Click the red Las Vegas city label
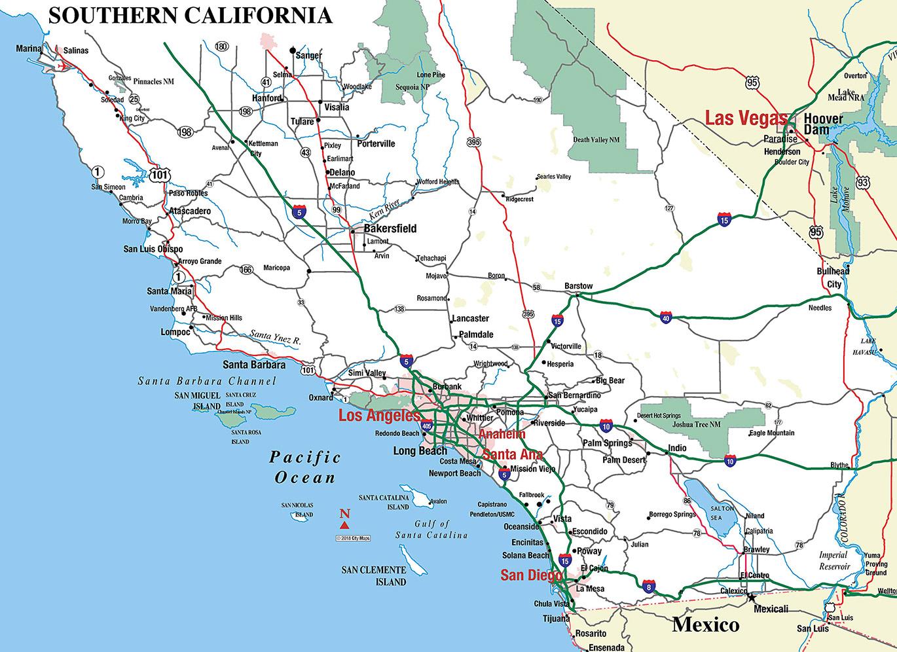tap(745, 118)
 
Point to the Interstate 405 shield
tap(427, 426)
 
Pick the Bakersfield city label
tap(390, 228)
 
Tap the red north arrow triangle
tap(344, 524)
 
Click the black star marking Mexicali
tap(752, 597)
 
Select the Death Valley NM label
tap(596, 140)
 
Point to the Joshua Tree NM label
tap(697, 424)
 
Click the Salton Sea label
tap(722, 513)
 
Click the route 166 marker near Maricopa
tap(246, 270)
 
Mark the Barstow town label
tap(578, 286)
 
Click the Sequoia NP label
tap(412, 86)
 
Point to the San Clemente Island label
tap(373, 576)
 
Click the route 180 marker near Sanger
tap(221, 46)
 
